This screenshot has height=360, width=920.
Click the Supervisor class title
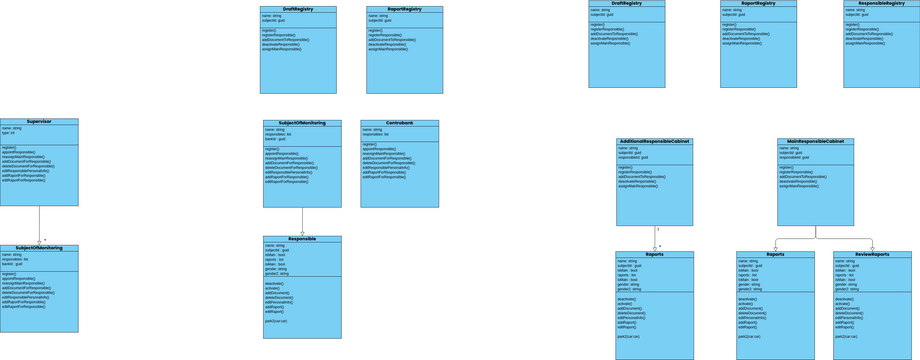pos(39,122)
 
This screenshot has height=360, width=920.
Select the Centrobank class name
pos(399,123)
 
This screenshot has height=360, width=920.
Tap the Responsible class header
pos(302,239)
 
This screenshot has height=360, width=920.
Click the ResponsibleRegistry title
pos(881,3)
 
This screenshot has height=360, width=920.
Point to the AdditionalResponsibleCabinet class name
pos(654,142)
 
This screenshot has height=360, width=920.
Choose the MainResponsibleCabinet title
pos(815,142)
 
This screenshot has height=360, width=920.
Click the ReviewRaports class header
pos(872,254)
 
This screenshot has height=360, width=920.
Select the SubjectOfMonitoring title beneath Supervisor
pos(39,248)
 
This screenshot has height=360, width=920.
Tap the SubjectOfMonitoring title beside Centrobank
pos(302,123)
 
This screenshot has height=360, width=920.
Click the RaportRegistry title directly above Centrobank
pos(404,9)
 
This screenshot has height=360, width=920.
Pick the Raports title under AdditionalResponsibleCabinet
pos(654,254)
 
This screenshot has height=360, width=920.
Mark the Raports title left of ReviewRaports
pos(775,254)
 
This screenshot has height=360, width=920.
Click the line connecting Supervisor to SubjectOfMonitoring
pos(39,225)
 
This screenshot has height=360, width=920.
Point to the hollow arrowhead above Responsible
pos(302,233)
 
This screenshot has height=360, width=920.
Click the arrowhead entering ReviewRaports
pos(872,248)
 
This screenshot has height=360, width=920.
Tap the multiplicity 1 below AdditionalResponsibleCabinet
pos(658,230)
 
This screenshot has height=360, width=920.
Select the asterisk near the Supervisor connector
pos(45,240)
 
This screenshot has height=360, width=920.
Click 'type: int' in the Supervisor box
pos(9,133)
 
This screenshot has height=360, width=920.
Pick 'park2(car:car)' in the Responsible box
pos(276,321)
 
